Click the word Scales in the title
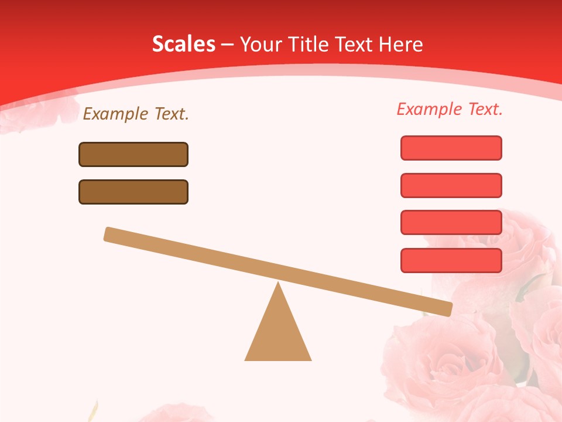coord(183,44)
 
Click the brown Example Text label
coord(136,114)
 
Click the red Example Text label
coord(450,109)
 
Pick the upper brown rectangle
coord(133,154)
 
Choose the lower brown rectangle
coord(133,192)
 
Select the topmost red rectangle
coord(451,148)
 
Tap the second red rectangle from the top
coord(451,185)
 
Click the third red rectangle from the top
coord(451,222)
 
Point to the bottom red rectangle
coord(451,260)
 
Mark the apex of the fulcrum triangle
coord(278,284)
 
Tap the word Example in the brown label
coord(116,114)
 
